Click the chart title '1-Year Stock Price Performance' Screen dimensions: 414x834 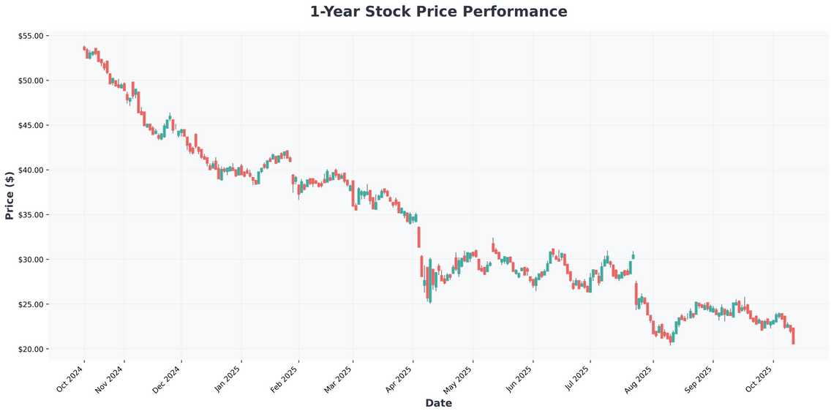pos(438,12)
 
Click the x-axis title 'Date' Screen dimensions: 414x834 pos(438,403)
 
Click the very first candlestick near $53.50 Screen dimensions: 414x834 pos(84,48)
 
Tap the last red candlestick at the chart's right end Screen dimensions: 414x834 pos(793,336)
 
